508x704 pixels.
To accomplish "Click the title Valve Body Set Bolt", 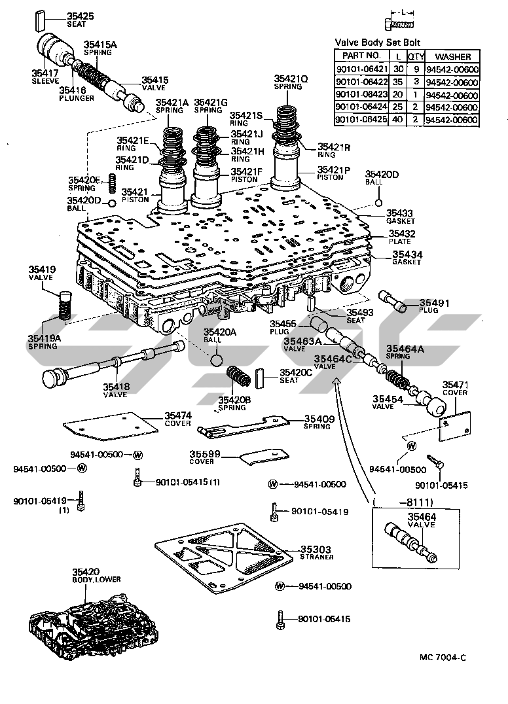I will [378, 41].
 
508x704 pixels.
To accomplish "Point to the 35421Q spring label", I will [291, 78].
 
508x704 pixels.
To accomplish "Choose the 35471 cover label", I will [454, 385].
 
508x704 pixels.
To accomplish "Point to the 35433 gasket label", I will [399, 213].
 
